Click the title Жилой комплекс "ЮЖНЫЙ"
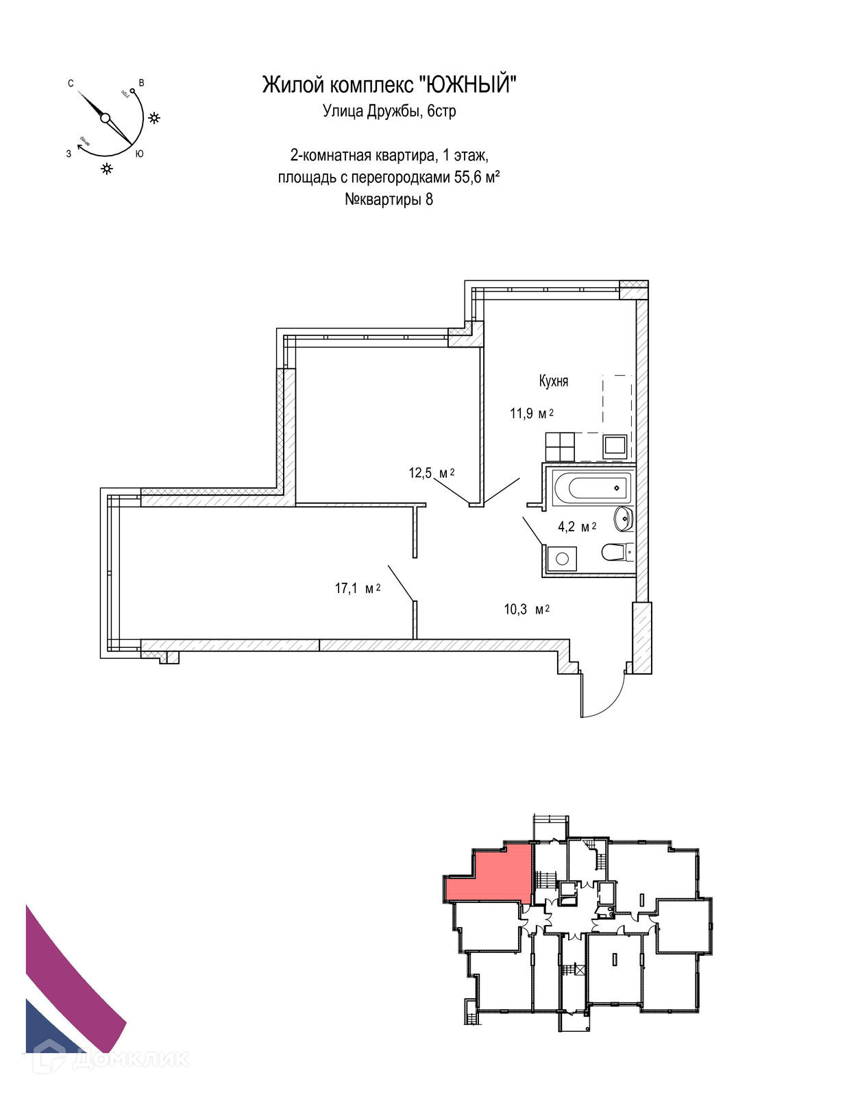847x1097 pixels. (x=389, y=85)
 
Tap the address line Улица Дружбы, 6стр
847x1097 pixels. (x=389, y=111)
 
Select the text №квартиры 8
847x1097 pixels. (x=389, y=200)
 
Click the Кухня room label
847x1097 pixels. (x=554, y=381)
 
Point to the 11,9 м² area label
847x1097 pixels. (x=531, y=413)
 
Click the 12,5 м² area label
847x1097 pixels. (x=432, y=473)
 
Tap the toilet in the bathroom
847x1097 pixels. (x=616, y=551)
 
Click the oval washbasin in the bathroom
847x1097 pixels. (x=624, y=518)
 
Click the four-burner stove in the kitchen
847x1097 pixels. (x=559, y=446)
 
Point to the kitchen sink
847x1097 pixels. (x=614, y=447)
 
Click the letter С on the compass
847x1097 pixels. (x=71, y=84)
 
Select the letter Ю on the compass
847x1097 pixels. (x=139, y=154)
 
